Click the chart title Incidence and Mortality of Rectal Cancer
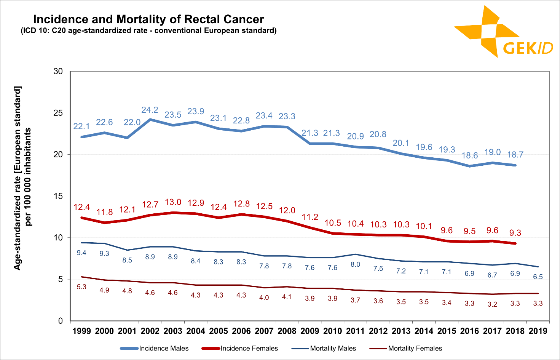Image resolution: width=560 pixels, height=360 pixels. coord(148,19)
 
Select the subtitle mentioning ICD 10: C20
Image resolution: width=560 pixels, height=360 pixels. coord(148,30)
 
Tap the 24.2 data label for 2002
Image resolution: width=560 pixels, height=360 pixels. coord(150,110)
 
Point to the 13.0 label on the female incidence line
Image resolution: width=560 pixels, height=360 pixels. coord(173,202)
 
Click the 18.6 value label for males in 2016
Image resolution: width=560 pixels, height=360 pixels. coord(469,155)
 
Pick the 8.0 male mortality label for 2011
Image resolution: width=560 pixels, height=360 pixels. coord(355,264)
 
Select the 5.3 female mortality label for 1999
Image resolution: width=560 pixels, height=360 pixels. coord(81,287)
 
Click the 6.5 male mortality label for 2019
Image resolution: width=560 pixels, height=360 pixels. coord(538,277)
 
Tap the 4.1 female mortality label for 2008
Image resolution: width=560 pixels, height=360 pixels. coord(287,296)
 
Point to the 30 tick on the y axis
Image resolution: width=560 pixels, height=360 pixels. coord(58,71)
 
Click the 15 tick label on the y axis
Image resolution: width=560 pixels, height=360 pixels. coord(58,196)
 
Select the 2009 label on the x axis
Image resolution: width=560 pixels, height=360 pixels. coord(310,331)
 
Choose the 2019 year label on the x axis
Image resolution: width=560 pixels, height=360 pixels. coord(538,331)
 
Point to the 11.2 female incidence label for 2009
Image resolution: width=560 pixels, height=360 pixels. coord(310,217)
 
